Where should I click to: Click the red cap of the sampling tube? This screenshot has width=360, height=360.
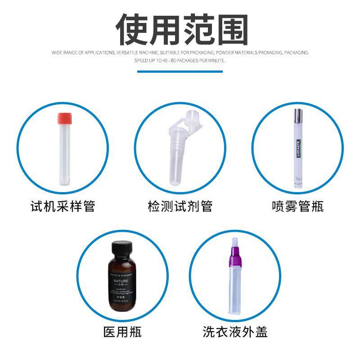63,118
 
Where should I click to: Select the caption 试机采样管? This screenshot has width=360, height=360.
63,207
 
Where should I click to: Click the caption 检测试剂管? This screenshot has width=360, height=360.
180,207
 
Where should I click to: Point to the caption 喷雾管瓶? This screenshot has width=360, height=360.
297,207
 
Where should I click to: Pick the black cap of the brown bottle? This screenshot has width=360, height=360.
122,249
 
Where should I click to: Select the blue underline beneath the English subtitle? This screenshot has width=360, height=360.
180,71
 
